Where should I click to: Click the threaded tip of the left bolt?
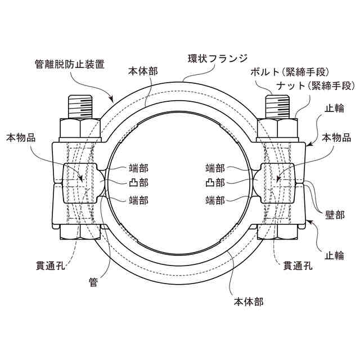[80, 106]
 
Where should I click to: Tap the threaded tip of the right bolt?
[280, 106]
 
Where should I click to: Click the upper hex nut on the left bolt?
[80, 129]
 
